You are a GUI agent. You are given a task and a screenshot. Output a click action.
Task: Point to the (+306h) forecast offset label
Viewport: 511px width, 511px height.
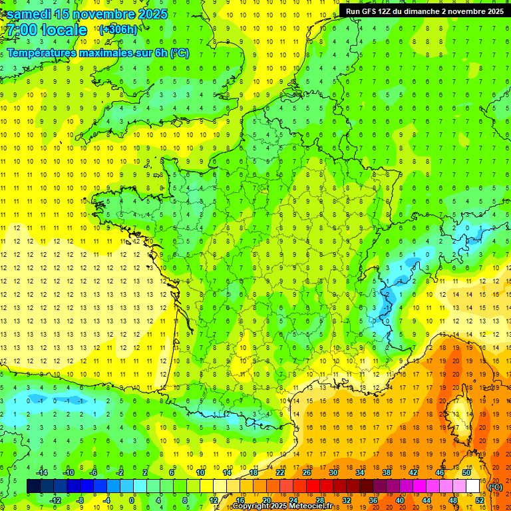point(118,30)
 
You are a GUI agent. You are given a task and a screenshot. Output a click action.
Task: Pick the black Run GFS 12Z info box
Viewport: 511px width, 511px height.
point(425,11)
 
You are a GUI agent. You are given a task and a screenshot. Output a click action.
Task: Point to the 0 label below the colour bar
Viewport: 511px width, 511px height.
point(132,500)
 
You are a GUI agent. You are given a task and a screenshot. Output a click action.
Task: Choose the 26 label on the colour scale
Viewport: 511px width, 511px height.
point(307,472)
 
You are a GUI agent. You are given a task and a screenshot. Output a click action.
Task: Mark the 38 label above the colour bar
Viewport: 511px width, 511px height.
point(387,472)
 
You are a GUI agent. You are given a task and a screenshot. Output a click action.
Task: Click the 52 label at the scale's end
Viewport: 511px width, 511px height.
point(480,500)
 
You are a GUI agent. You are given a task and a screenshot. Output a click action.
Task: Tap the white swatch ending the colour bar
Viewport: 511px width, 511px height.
point(473,486)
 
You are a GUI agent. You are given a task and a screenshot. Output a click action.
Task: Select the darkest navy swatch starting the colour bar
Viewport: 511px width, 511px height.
point(33,486)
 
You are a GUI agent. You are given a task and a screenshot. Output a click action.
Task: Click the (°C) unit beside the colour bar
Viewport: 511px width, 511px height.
point(495,486)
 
